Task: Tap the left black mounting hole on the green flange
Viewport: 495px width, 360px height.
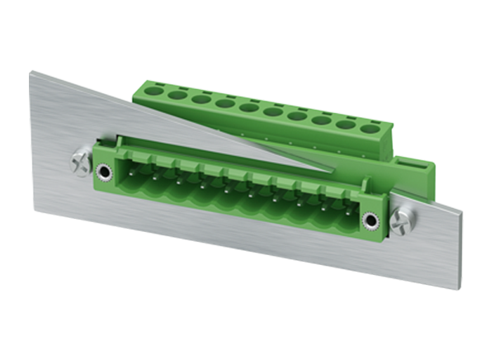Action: click(x=105, y=173)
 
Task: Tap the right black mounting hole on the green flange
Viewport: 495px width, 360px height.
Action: click(x=370, y=220)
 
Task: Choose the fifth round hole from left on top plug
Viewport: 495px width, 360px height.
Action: click(x=247, y=108)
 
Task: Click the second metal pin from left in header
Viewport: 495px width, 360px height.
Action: click(x=153, y=176)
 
